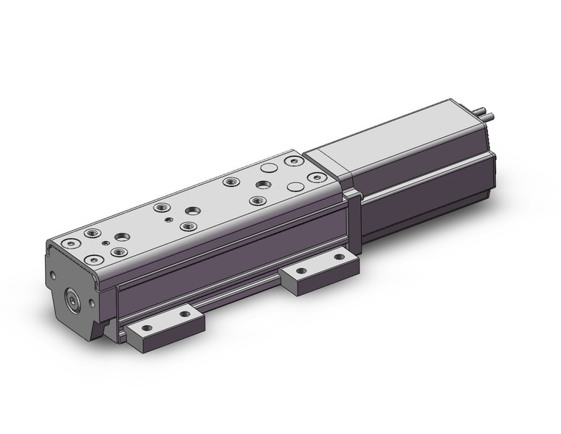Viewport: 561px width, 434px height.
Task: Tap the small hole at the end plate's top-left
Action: [52, 276]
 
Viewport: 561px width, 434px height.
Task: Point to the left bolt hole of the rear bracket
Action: [299, 270]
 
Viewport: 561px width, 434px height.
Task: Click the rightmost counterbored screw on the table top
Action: [315, 177]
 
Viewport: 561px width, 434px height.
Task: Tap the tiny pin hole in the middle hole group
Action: [169, 220]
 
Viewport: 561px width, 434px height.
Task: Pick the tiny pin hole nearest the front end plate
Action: [106, 243]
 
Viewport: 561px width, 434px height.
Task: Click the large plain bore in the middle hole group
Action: [191, 210]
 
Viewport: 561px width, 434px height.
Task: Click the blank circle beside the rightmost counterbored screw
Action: [295, 186]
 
